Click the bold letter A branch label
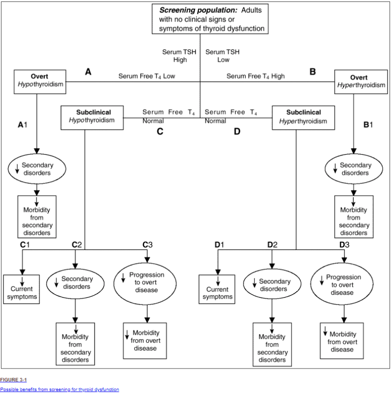[x=88, y=72]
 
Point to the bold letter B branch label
[x=313, y=72]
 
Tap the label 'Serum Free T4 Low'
[x=147, y=76]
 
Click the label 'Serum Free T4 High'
[x=255, y=76]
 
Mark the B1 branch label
[x=368, y=125]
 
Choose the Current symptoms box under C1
[x=21, y=289]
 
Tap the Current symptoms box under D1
[x=217, y=290]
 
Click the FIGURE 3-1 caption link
[x=13, y=379]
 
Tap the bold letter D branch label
[x=237, y=131]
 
